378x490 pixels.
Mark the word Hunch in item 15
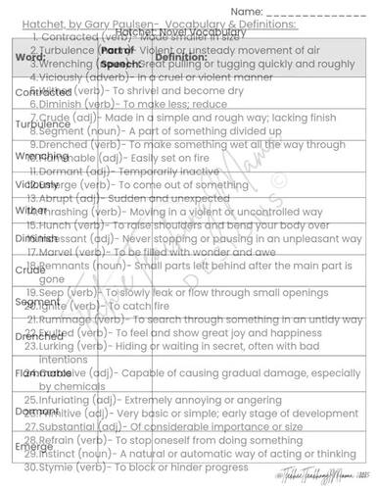click(59, 223)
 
